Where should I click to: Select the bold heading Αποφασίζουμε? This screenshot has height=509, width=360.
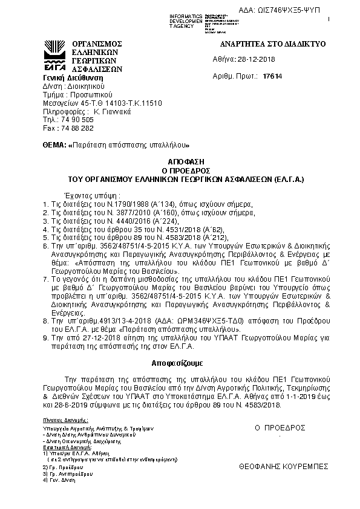coord(177,363)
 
